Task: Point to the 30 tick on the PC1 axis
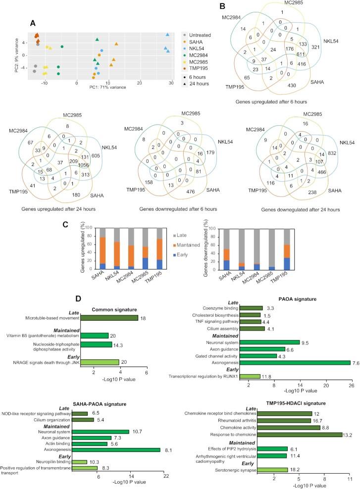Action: (x=171, y=83)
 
